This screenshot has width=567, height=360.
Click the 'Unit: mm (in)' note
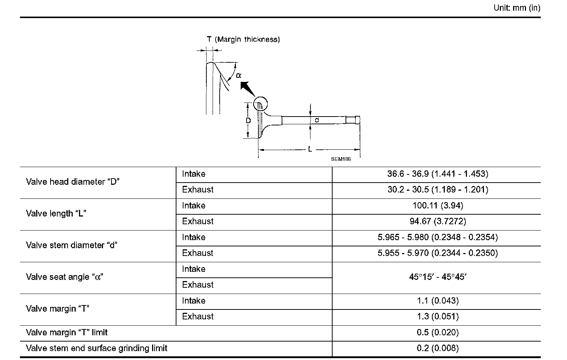coord(517,8)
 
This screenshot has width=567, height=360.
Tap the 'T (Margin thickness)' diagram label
coord(243,39)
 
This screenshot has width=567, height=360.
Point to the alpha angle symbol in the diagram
coord(238,75)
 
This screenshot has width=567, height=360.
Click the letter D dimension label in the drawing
coord(248,121)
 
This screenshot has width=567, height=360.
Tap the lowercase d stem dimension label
coord(317,120)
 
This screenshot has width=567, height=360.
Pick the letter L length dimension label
coord(310,149)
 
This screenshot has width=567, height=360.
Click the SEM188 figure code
coord(341,159)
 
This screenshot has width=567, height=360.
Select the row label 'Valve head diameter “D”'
coord(73,182)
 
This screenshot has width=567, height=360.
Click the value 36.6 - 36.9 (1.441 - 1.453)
coord(437,174)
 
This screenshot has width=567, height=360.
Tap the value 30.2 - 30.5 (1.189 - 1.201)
coord(437,190)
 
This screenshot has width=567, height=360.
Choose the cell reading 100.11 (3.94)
coord(437,205)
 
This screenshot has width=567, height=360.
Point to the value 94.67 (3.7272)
coord(437,221)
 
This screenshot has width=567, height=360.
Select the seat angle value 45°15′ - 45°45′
coord(437,277)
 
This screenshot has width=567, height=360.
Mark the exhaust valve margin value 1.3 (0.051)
coord(437,316)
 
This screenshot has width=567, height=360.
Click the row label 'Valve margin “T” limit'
coord(66,332)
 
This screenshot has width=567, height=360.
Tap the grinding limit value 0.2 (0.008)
coord(437,348)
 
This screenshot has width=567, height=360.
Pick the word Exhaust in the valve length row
coord(197,221)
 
